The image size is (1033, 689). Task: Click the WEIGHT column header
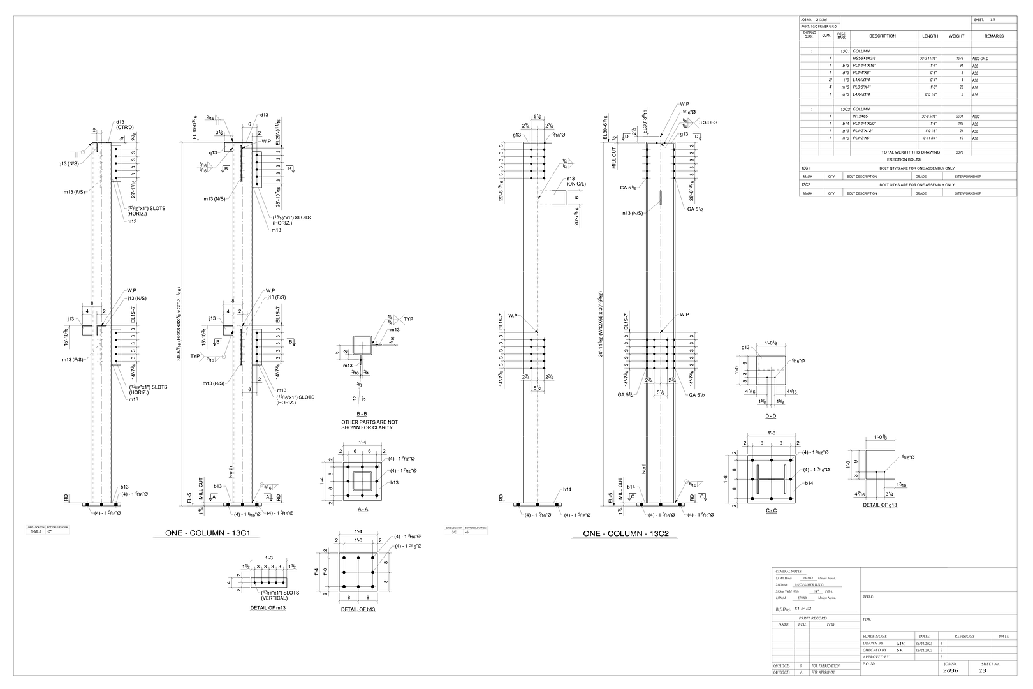click(x=956, y=36)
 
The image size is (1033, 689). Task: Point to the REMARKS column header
click(x=993, y=36)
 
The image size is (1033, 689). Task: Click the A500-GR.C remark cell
click(x=985, y=58)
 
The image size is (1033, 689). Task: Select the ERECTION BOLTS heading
click(x=908, y=159)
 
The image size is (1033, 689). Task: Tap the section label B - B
click(x=362, y=414)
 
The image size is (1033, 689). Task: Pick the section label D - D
click(x=770, y=416)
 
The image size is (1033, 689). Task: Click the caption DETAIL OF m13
click(x=268, y=608)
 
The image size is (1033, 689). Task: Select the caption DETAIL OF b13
click(x=357, y=609)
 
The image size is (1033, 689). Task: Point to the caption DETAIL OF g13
click(x=881, y=505)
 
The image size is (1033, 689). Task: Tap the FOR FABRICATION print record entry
click(x=825, y=666)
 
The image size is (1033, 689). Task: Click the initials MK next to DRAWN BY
click(x=900, y=644)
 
